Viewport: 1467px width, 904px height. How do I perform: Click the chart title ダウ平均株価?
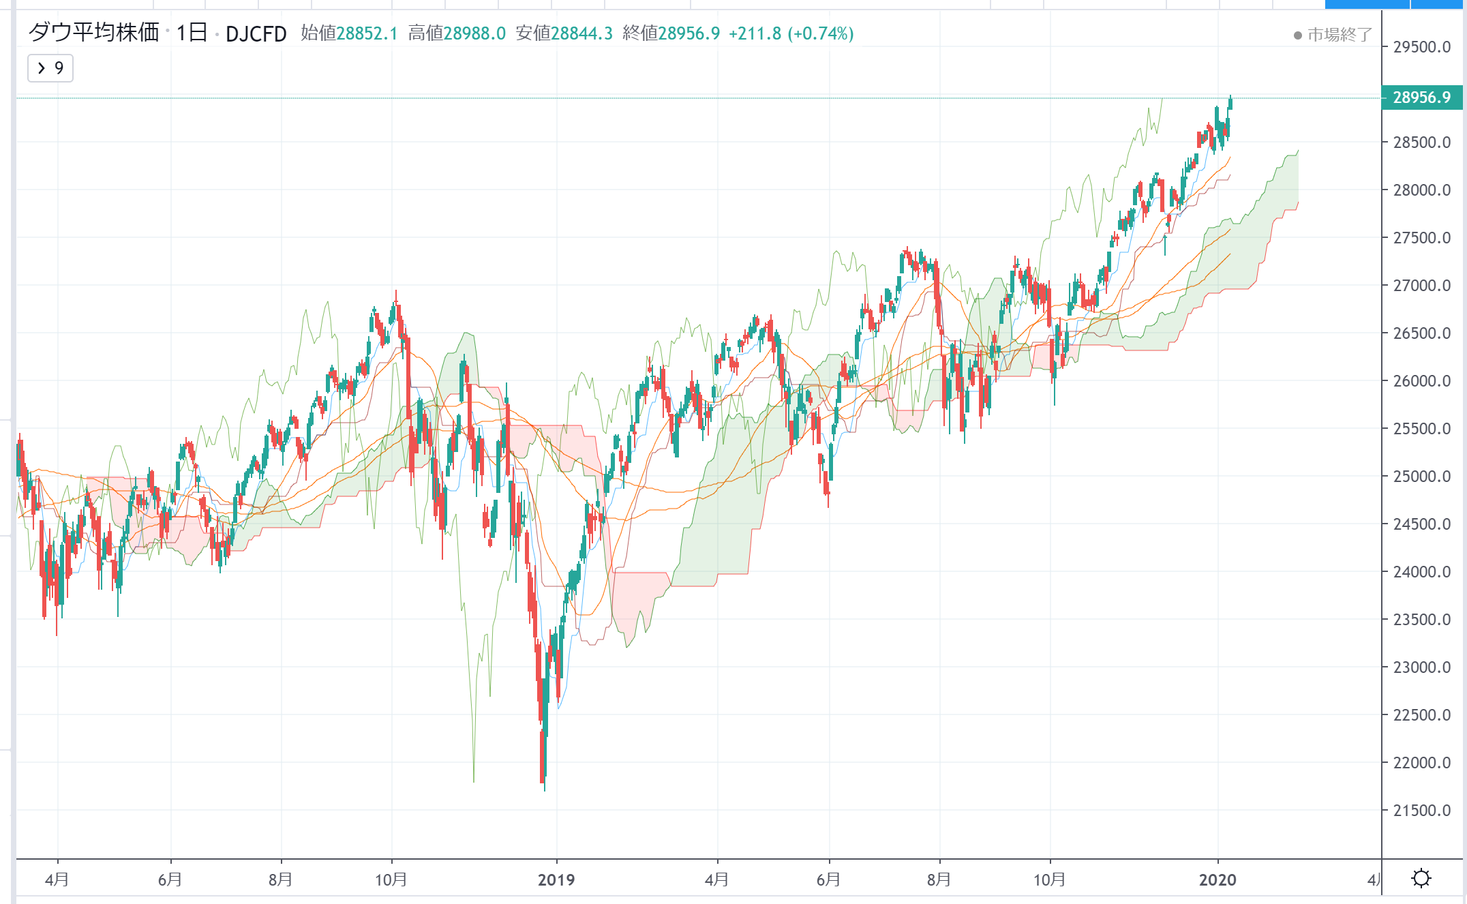tap(93, 32)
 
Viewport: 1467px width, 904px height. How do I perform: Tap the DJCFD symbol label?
tap(256, 33)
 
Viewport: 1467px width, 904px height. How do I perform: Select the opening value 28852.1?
tap(367, 33)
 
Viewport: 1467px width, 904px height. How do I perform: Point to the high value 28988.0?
tap(474, 33)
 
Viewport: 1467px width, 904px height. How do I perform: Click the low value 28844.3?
tap(581, 33)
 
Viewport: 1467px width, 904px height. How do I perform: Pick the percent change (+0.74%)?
tap(820, 33)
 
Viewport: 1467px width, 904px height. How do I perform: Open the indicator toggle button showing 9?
tap(50, 68)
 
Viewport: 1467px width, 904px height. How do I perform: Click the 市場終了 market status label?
tap(1339, 35)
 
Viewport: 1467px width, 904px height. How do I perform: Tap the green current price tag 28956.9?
tap(1421, 97)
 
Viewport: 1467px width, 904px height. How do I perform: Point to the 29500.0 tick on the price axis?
tap(1421, 47)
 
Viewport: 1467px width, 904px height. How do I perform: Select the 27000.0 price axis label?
tap(1421, 286)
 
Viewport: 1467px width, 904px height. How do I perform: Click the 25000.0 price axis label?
tap(1421, 477)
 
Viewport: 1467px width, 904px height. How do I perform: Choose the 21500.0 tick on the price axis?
tap(1421, 811)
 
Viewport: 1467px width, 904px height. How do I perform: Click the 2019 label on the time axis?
tap(556, 879)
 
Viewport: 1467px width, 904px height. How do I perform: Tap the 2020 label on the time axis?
tap(1218, 879)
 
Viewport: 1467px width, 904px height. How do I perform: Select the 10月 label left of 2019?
tap(391, 879)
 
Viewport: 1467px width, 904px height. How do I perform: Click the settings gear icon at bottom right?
tap(1421, 878)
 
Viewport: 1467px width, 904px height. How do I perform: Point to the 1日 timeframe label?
tap(192, 33)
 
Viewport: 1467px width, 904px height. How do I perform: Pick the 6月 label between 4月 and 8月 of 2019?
tap(828, 879)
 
